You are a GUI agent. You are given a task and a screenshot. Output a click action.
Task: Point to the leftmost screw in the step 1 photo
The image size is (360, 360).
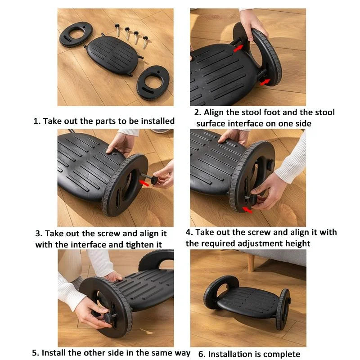pos(117,31)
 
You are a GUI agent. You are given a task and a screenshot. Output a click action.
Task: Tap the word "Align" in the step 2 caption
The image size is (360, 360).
pos(215,112)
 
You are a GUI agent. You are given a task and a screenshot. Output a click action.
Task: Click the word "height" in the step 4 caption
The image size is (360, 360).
pos(294,243)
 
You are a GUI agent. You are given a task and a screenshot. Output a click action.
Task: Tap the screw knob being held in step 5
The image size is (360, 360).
pos(108,318)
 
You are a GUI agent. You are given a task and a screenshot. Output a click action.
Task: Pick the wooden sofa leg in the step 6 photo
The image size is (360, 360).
pos(251,261)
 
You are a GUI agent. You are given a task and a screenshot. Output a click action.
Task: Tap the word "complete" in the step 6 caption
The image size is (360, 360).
pos(281,354)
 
